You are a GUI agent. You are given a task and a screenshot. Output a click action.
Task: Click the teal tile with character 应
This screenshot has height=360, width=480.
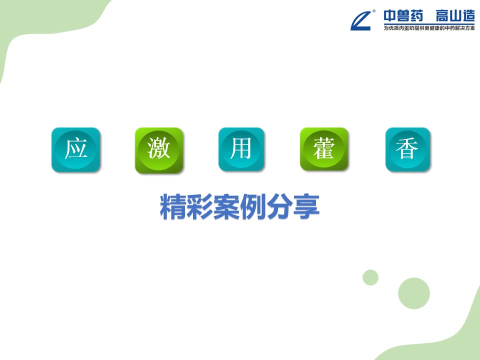point(76,149)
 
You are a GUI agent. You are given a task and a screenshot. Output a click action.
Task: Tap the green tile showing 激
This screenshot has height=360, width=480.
point(159,150)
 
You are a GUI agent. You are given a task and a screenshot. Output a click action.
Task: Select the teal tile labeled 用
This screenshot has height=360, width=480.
point(241,149)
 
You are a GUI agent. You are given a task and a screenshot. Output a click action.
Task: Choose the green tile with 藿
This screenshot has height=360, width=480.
point(324,149)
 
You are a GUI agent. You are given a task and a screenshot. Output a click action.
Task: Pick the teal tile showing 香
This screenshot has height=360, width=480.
point(408,149)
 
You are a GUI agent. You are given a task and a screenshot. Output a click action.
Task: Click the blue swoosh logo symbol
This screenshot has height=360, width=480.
point(361,21)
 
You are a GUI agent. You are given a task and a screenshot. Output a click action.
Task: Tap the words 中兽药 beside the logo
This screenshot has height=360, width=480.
point(403,16)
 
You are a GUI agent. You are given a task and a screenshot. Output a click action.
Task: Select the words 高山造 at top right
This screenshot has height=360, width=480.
point(455,16)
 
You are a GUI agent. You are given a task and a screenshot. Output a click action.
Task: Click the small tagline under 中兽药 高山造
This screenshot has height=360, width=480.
point(429,28)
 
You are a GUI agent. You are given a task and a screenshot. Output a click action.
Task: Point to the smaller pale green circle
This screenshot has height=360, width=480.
point(370,277)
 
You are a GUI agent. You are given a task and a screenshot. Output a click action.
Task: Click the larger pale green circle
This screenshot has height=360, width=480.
point(414,293)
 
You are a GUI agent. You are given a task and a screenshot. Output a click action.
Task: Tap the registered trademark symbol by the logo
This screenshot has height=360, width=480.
point(374,11)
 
